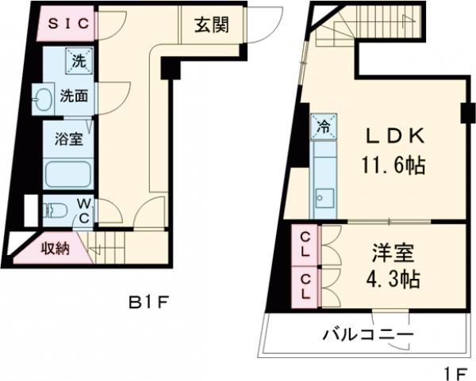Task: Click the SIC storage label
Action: (x=69, y=24)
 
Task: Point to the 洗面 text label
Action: (x=75, y=97)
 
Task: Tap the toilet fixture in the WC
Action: (x=55, y=211)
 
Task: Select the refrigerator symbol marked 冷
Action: (x=324, y=125)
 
